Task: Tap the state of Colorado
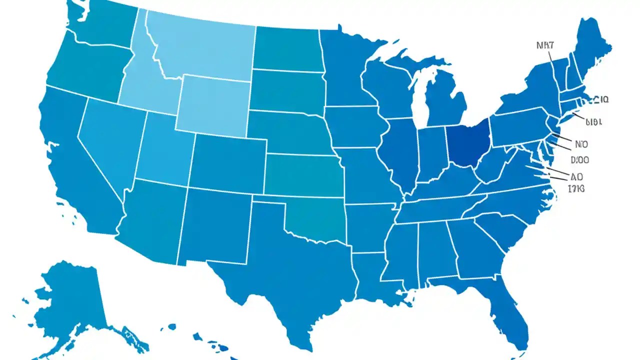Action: (227, 162)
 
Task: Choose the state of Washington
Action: (102, 22)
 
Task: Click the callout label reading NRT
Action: (544, 45)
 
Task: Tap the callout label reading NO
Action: (581, 144)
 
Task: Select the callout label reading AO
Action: (576, 176)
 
